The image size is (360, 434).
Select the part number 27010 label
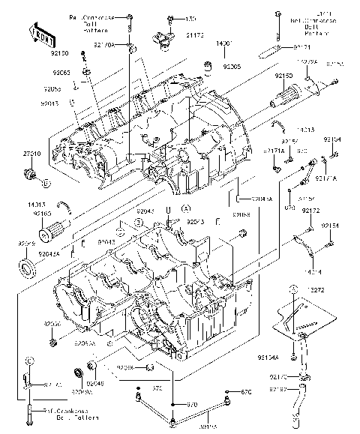point(31,153)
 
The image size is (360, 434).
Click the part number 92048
point(95,383)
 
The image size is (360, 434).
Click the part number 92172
point(310,211)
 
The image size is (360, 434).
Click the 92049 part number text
point(26,243)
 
